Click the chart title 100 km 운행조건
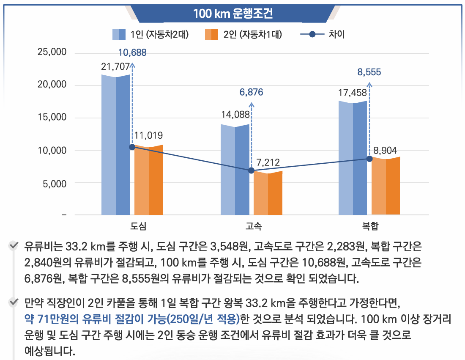(x=233, y=13)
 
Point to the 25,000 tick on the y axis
(x=52, y=52)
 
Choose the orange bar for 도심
(x=149, y=180)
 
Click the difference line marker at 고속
(x=252, y=170)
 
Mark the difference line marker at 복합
(x=369, y=159)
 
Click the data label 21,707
(x=115, y=66)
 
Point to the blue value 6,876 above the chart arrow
(x=251, y=93)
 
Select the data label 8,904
(x=385, y=151)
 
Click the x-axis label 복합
(x=370, y=226)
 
